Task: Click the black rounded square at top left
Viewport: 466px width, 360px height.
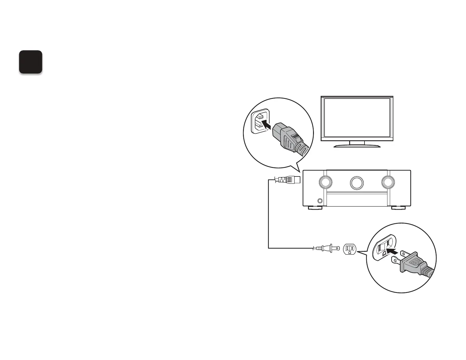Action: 31,62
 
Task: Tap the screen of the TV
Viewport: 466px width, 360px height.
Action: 357,117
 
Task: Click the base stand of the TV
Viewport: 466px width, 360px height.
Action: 357,145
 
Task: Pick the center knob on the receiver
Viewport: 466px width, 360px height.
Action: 357,183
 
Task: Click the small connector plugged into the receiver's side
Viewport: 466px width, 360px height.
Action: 288,179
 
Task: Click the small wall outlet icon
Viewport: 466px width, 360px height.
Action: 350,249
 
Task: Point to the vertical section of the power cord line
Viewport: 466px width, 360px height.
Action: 268,215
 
